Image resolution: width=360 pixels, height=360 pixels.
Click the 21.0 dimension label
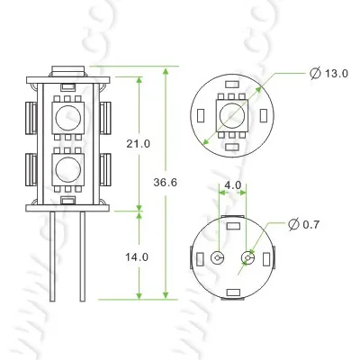[138, 144]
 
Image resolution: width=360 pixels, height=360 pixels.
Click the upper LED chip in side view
[67, 116]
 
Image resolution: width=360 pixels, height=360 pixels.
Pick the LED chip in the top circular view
[232, 114]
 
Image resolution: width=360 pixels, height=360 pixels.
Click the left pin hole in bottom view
[217, 258]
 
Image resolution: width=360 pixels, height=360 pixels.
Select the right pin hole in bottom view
[247, 258]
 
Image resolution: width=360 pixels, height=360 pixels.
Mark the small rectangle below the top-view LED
[232, 146]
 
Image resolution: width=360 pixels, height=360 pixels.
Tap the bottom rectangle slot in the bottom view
[232, 291]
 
